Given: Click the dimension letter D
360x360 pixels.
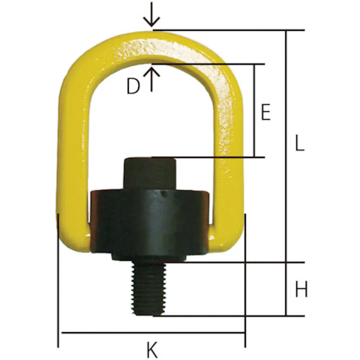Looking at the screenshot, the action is click(x=133, y=86).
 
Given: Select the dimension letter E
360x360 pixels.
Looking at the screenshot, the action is click(x=266, y=112).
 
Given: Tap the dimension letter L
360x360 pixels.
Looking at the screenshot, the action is click(x=299, y=142).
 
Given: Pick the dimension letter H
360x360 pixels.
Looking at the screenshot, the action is click(x=301, y=289).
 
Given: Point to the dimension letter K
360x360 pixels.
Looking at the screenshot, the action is click(x=152, y=349).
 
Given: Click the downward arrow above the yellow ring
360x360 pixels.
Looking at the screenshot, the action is click(x=151, y=15).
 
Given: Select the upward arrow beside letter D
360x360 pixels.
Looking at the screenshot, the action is click(x=151, y=79).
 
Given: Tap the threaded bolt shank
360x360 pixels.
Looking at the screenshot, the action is click(x=149, y=289).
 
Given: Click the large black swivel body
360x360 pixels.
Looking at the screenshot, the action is click(x=149, y=222).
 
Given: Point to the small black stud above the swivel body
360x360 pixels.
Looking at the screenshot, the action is click(x=150, y=174).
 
